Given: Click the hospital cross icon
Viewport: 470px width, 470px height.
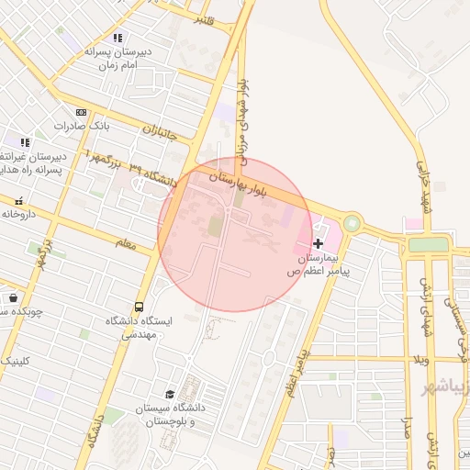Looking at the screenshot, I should coord(318,243).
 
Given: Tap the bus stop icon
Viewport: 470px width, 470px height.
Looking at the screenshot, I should coord(139,307).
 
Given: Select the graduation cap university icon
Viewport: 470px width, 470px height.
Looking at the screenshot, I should coord(168,394).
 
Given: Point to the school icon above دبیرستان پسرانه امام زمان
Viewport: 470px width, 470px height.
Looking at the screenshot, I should coord(117,38).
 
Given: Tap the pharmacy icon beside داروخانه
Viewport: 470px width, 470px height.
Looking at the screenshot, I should coord(19,200).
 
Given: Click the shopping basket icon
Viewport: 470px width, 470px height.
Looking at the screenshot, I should coord(13,297).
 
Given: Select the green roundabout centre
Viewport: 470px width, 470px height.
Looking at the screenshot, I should coord(352,224).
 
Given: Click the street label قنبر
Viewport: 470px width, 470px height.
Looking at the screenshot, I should coord(204,19).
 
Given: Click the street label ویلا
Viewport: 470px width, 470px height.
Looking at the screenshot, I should coord(420,358).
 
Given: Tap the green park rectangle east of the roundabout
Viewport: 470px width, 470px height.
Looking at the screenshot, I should coord(428,244).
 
